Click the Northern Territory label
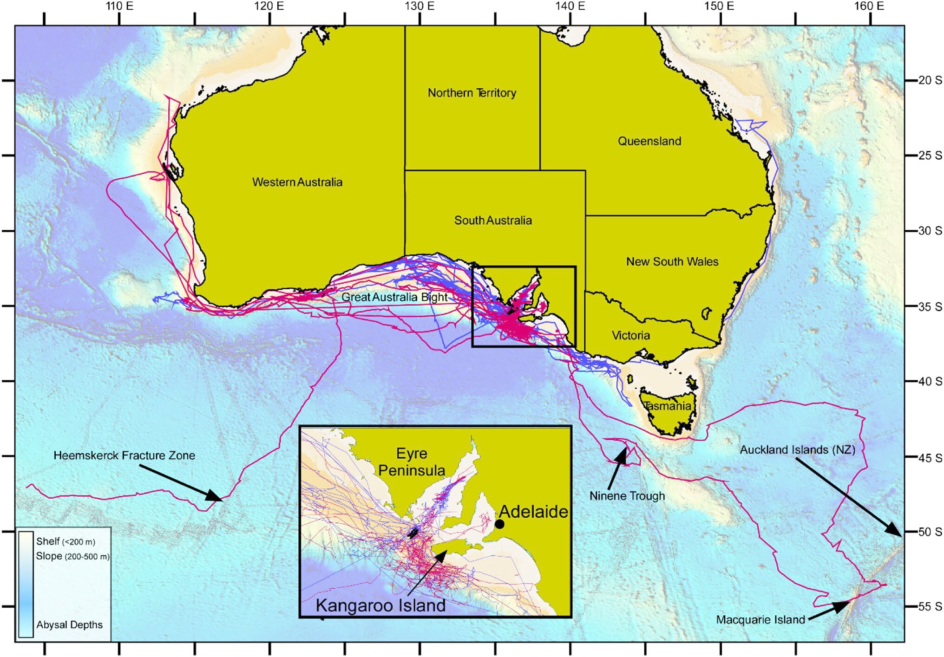(472, 93)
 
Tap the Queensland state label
(649, 141)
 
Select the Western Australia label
(297, 182)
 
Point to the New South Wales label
(672, 261)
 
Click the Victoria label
(630, 335)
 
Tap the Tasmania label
(667, 406)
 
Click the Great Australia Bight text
(394, 297)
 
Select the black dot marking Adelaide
(499, 524)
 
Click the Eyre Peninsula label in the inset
(412, 462)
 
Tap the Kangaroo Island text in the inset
(380, 605)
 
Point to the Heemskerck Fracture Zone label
(124, 455)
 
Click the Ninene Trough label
(627, 496)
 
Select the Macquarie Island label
(760, 620)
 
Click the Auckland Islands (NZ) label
(797, 450)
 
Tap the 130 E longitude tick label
(419, 6)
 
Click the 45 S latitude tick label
(930, 457)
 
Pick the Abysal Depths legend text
(69, 625)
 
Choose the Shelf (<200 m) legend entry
(66, 541)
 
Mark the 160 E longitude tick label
(869, 6)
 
